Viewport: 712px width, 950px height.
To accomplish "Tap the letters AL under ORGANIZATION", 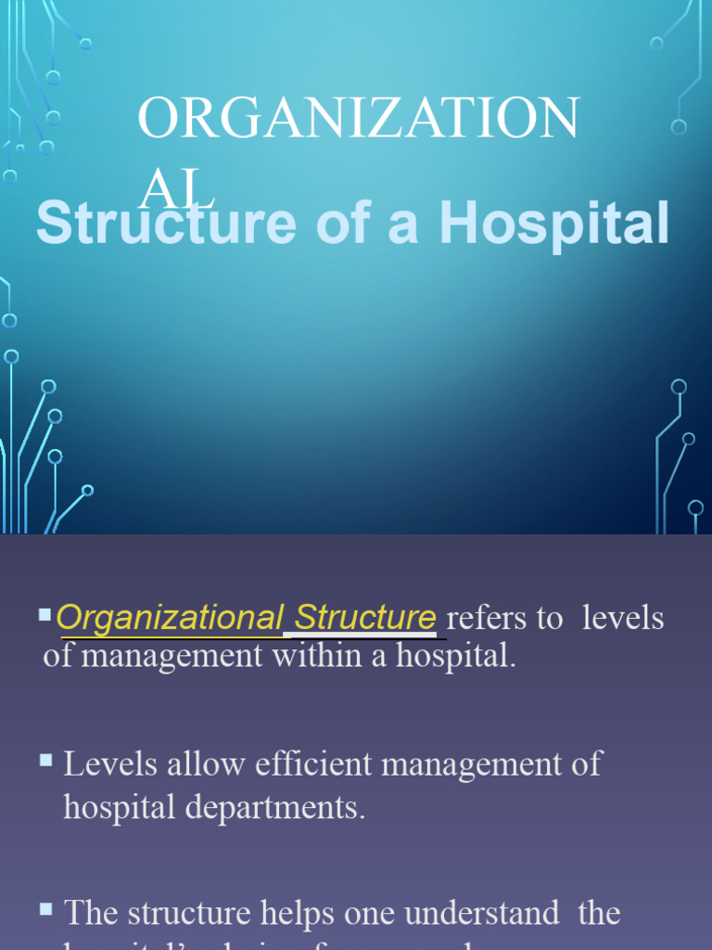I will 176,191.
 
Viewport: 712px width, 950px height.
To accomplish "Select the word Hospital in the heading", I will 554,225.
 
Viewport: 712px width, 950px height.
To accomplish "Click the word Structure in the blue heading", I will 167,225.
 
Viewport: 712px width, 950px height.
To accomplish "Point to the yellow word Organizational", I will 170,617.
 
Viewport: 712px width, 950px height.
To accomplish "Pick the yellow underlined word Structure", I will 364,617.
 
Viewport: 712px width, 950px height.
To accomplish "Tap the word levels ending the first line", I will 623,619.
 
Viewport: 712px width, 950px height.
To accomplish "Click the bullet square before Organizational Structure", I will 45,613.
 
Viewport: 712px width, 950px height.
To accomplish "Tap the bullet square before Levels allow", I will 45,760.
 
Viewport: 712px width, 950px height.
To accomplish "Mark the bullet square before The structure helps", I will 45,909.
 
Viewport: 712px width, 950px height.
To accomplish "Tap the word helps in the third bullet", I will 294,914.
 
